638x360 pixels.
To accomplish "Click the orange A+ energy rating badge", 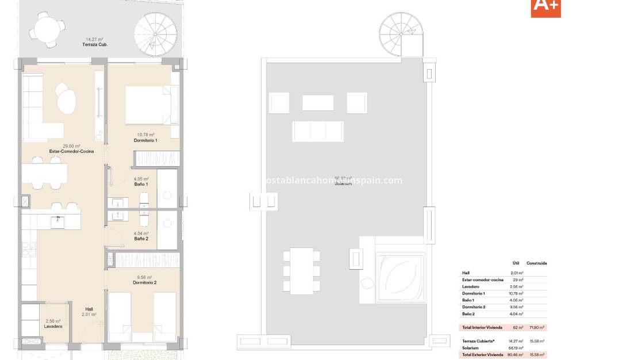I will pos(545,7).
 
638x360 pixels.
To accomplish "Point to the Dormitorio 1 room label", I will pos(145,140).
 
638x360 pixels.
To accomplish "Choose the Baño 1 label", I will pos(141,185).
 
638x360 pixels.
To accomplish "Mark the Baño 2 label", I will pos(141,238).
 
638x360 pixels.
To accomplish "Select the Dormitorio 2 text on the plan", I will pos(145,282).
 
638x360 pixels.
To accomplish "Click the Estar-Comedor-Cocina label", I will pos(56,152).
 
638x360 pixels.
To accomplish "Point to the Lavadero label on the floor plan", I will pos(53,327).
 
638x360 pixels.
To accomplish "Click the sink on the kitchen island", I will pos(57,222).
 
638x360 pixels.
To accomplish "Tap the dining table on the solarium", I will pos(301,270).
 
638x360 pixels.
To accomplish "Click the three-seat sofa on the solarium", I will pos(317,131).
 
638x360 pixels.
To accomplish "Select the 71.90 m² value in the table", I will pos(536,327).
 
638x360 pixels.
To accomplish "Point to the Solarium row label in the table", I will pos(470,348).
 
